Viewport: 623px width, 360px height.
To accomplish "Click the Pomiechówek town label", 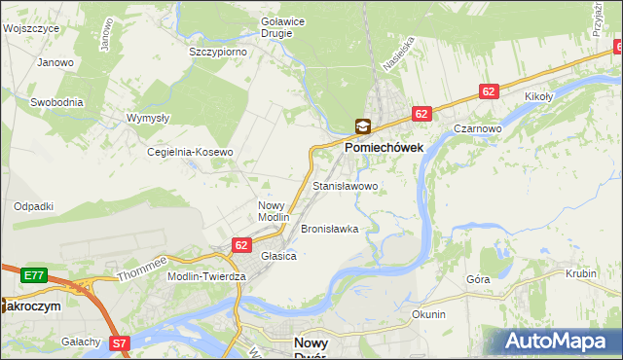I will click(384, 146).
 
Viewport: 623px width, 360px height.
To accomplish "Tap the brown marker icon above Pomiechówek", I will click(362, 126).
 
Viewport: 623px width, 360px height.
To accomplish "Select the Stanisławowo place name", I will click(345, 185).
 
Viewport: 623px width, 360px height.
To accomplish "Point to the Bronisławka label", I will click(329, 229).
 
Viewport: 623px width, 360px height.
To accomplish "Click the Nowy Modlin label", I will click(273, 211).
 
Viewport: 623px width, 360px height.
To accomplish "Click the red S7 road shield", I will click(119, 342).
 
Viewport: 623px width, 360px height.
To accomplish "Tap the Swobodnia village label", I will click(55, 101).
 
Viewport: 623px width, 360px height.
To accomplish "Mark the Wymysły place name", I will click(148, 118).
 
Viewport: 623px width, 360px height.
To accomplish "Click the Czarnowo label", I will click(477, 127).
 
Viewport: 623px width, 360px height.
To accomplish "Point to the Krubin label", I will click(580, 273).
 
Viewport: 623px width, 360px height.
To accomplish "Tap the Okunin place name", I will click(428, 314).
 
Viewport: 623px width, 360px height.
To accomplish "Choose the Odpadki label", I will click(33, 206).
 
